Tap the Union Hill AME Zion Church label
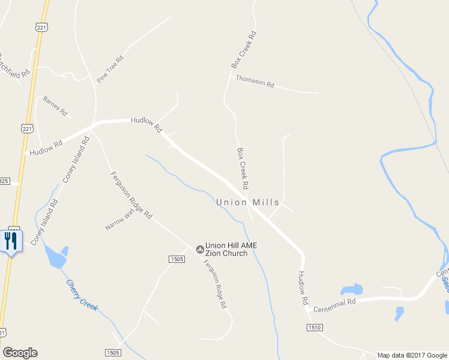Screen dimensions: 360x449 pos(226,249)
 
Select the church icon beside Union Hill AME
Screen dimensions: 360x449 pos(200,248)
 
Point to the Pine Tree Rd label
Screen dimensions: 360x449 pos(110,69)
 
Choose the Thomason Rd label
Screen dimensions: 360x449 pos(255,81)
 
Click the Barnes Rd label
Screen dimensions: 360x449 pos(55,106)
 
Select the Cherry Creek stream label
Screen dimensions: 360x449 pos(82,296)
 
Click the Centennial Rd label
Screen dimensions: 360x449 pos(335,304)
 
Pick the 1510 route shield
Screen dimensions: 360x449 pos(314,328)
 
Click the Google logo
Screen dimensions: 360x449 pos(20,353)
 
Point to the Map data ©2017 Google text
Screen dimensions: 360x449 pos(412,355)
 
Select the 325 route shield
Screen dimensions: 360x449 pos(5,181)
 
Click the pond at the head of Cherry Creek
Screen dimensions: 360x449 pos(55,257)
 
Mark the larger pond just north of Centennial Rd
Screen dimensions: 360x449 pos(351,290)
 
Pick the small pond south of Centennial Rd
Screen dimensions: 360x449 pos(399,313)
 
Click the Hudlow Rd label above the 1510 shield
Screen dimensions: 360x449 pos(303,287)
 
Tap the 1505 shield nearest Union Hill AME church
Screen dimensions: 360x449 pos(176,259)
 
